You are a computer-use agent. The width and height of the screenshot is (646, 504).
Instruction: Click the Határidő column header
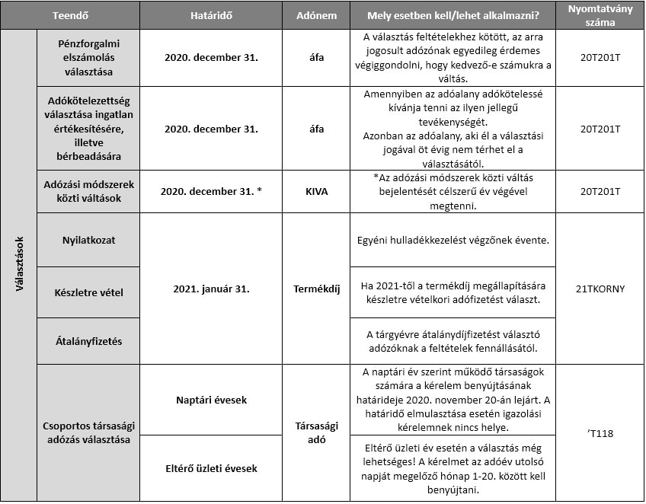tap(211, 15)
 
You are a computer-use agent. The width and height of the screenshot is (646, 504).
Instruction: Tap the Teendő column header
tap(66, 15)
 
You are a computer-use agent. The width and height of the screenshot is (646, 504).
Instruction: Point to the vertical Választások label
tap(19, 265)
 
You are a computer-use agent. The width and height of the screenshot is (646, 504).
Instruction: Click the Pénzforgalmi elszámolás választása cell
tap(88, 57)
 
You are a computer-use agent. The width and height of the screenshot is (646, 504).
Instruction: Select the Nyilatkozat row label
tap(88, 240)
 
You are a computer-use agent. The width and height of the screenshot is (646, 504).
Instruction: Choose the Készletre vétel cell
tap(88, 292)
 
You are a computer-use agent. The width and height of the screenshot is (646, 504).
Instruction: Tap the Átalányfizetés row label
tap(88, 342)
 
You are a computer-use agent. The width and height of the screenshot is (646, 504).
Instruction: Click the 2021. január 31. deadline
tap(211, 289)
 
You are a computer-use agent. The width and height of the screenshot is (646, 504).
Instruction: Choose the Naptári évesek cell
tap(211, 400)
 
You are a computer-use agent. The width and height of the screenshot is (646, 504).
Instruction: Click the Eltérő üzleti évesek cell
tap(211, 468)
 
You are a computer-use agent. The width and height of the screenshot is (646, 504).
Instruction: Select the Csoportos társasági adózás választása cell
tap(88, 432)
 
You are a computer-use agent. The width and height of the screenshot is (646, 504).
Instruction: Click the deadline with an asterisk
tap(211, 192)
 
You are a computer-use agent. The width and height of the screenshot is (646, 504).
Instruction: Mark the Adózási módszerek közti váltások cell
tap(88, 192)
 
